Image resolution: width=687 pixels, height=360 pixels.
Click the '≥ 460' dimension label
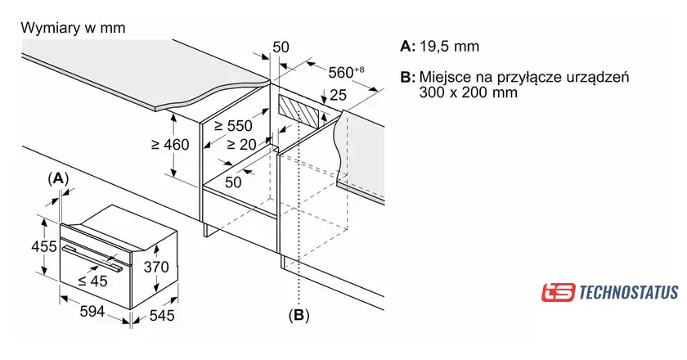click(170, 145)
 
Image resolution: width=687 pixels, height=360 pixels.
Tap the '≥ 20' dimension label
click(242, 144)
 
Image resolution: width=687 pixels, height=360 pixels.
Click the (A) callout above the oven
click(59, 178)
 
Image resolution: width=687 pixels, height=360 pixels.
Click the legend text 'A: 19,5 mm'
click(439, 46)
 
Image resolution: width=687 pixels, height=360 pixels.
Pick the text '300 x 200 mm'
click(468, 93)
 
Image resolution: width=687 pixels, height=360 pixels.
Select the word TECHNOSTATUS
click(628, 292)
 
